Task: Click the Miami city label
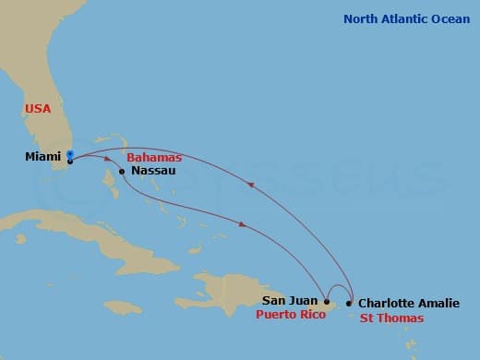[x=43, y=156]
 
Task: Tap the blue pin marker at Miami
[x=70, y=154]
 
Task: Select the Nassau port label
[x=150, y=171]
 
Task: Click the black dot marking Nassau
[x=122, y=171]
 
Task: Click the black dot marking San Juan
[x=327, y=301]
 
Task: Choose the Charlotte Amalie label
[x=407, y=303]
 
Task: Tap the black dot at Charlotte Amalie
[x=349, y=303]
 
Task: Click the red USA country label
[x=38, y=109]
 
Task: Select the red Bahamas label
[x=152, y=157]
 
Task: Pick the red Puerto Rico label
[x=289, y=315]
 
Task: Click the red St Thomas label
[x=392, y=318]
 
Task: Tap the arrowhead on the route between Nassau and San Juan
[x=242, y=223]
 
